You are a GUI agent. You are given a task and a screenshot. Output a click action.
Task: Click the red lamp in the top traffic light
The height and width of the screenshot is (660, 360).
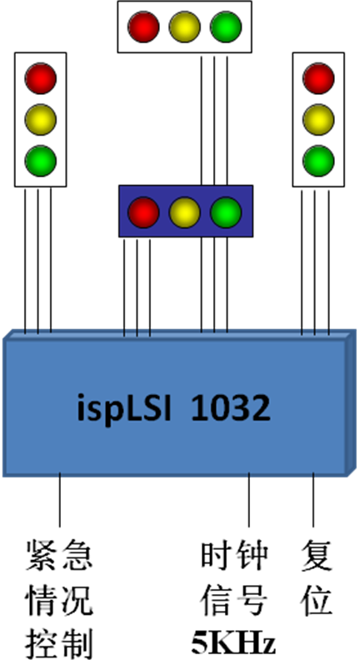click(x=143, y=27)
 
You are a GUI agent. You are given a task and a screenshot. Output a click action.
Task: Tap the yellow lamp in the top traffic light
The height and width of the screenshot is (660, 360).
click(x=184, y=27)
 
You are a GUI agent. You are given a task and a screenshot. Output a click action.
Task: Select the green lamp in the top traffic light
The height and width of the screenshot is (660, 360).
click(x=226, y=27)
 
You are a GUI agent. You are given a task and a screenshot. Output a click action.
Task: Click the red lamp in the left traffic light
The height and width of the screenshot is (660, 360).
click(x=41, y=78)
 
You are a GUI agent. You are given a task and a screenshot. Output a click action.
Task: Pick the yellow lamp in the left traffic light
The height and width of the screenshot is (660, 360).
click(x=41, y=119)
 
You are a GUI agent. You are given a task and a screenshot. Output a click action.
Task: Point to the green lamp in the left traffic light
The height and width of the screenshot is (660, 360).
click(x=41, y=161)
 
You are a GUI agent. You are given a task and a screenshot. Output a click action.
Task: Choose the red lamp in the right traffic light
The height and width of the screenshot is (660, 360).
click(x=318, y=78)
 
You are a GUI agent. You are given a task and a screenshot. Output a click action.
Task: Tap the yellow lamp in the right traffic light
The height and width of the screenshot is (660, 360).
click(x=318, y=119)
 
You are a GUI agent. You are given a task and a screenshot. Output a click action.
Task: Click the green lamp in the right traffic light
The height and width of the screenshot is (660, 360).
click(x=318, y=161)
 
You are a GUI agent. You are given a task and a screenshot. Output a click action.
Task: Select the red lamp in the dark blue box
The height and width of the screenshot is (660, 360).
click(x=143, y=212)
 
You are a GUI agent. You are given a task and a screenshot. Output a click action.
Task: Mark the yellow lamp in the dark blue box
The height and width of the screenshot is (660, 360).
click(x=184, y=212)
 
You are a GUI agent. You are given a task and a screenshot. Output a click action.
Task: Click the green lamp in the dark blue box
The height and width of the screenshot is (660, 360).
click(x=226, y=212)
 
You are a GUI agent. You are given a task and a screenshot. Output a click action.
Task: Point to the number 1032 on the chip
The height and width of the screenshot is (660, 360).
click(x=230, y=409)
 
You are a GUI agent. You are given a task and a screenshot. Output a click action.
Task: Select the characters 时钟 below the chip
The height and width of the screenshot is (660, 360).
click(x=233, y=556)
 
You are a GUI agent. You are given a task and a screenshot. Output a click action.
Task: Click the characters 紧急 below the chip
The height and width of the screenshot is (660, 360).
click(x=59, y=556)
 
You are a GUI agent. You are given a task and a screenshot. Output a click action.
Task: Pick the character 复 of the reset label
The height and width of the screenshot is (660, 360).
click(x=317, y=556)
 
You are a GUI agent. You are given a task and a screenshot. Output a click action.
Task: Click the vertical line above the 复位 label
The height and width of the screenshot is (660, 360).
click(x=312, y=500)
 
